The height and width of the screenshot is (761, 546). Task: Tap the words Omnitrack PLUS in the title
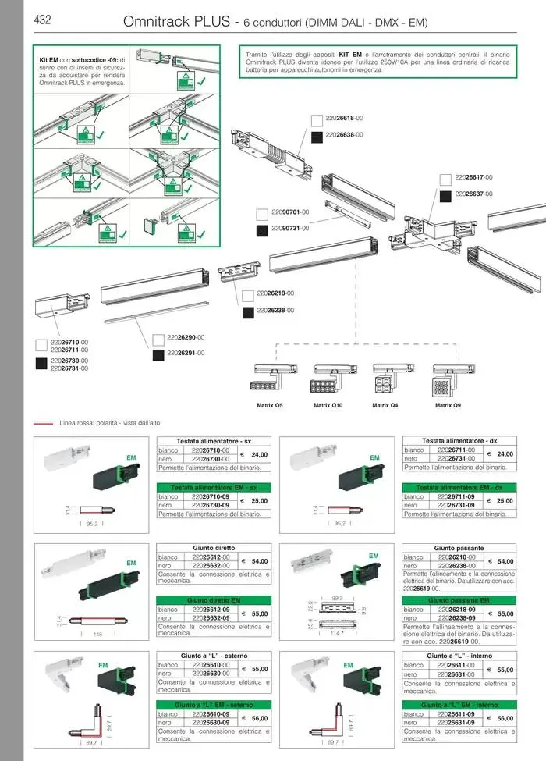(x=175, y=23)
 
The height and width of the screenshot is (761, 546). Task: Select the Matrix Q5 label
(x=269, y=405)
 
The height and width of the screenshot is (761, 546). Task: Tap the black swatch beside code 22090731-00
(x=262, y=229)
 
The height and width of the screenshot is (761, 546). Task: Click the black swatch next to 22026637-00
(x=445, y=194)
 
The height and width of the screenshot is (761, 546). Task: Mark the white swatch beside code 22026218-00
(x=248, y=294)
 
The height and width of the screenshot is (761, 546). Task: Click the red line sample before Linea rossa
(x=44, y=422)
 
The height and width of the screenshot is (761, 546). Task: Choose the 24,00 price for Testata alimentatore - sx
(x=259, y=454)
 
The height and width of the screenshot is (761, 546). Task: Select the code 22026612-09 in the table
(x=210, y=610)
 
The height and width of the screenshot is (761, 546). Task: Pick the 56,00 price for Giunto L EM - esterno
(x=259, y=718)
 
